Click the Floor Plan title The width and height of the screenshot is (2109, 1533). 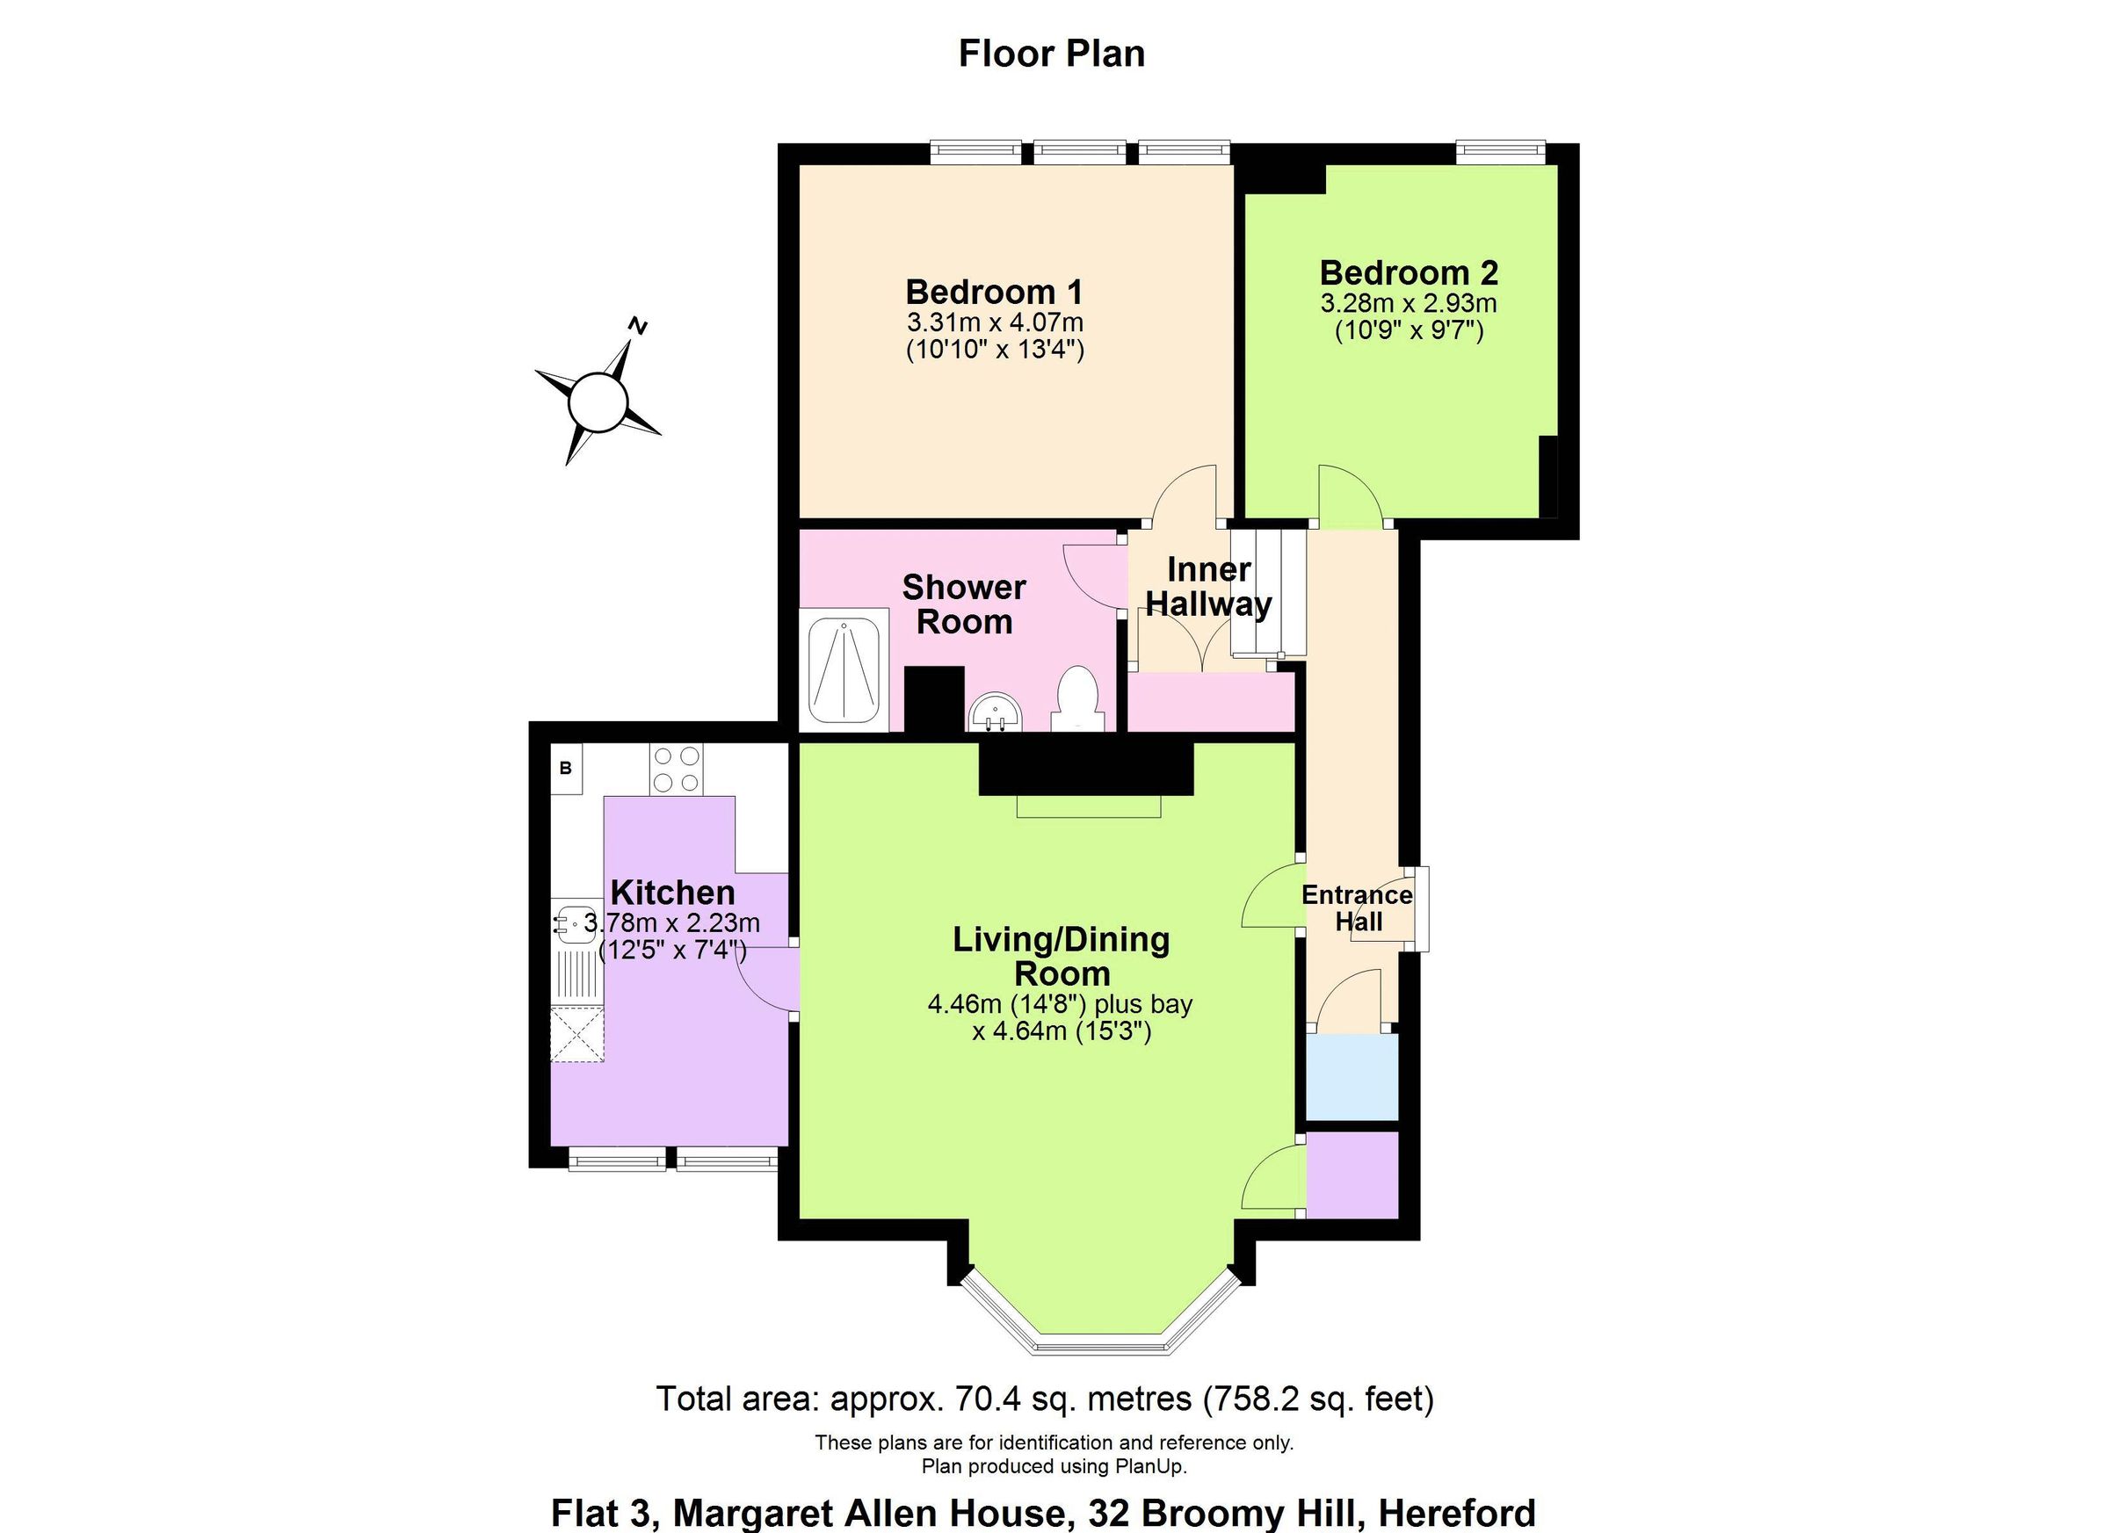[x=1052, y=54]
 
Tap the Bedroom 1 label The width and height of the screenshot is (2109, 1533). [x=994, y=292]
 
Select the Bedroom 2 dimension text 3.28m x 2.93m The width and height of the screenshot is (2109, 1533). [x=1408, y=304]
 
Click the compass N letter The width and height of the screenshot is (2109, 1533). [x=637, y=325]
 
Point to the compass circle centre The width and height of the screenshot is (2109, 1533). [x=597, y=402]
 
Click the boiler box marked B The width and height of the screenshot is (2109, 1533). [x=565, y=769]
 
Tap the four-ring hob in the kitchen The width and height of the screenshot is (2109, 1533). [x=676, y=770]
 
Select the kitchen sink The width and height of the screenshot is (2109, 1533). [x=576, y=924]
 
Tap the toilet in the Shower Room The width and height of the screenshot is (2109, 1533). [x=1077, y=698]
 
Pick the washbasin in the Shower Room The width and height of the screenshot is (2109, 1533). [x=995, y=715]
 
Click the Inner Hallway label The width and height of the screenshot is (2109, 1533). [x=1208, y=587]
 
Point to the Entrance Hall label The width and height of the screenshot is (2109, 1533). [x=1357, y=908]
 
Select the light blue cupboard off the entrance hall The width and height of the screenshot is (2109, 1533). [x=1352, y=1076]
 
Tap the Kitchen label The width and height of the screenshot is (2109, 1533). [x=672, y=893]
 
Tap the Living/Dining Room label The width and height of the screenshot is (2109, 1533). [x=1061, y=956]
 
